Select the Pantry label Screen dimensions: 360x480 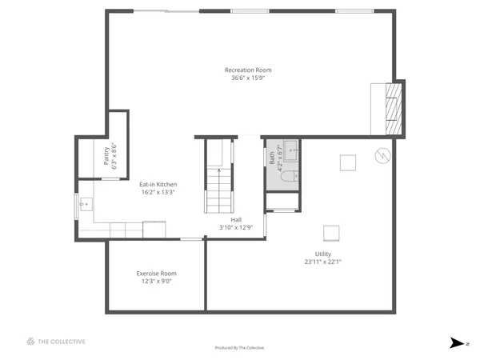[106, 156]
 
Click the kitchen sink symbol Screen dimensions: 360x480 [84, 204]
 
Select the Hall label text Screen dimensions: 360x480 [236, 219]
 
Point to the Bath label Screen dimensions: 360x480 [272, 158]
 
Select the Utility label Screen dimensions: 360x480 [322, 254]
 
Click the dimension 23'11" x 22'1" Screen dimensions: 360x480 [322, 262]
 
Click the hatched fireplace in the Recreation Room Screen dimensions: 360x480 [392, 108]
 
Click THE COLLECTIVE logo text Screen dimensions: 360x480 [62, 342]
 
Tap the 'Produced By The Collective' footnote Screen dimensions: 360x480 [240, 348]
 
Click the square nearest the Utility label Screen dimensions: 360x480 [331, 232]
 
